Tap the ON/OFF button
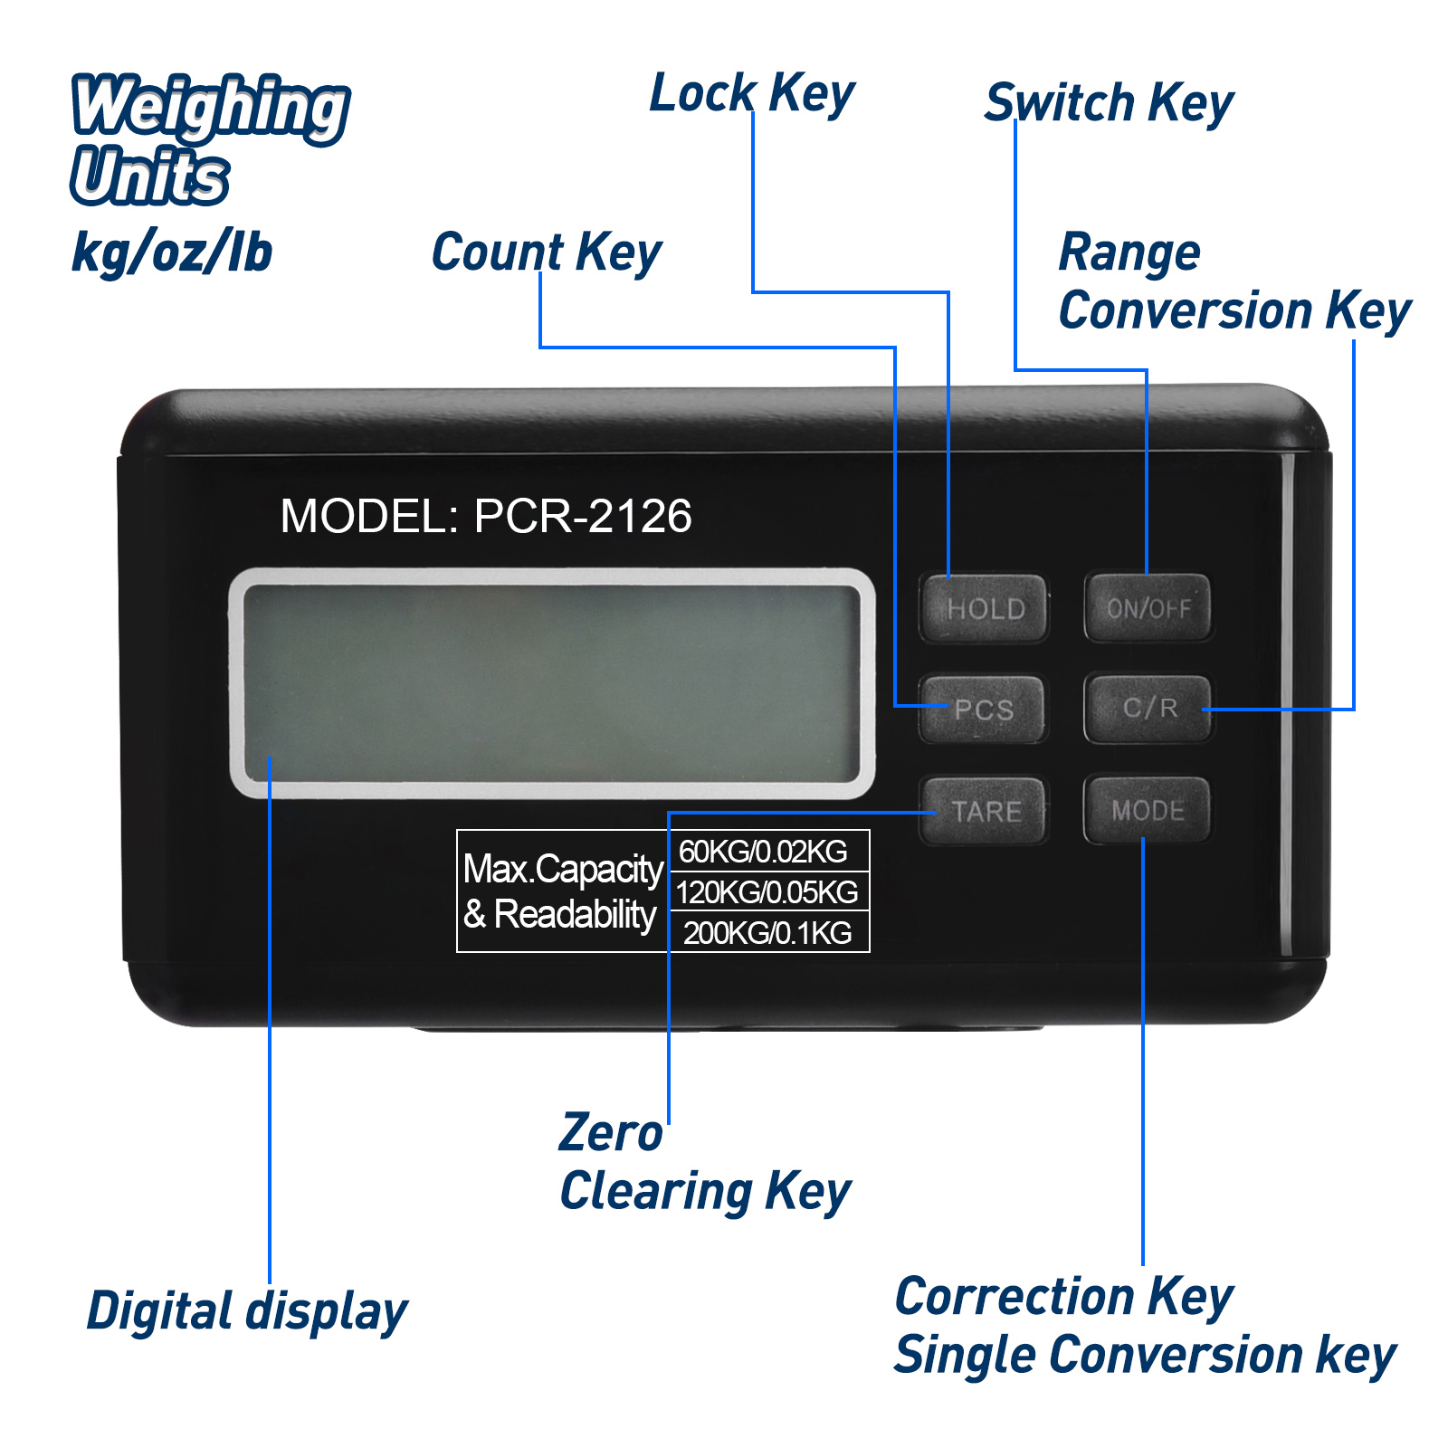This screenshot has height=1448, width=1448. point(1148,608)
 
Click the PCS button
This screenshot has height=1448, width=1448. point(983,710)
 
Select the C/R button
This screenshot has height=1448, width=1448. point(1148,709)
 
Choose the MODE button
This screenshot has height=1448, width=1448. point(1148,810)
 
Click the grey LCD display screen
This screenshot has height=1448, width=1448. point(552,683)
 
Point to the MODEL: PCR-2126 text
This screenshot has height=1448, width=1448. point(486,516)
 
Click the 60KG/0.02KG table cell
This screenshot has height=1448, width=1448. point(768,851)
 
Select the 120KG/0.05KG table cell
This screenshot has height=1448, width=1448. point(768,891)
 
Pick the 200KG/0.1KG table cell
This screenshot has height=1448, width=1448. point(768,931)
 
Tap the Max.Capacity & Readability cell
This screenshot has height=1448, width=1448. point(563,891)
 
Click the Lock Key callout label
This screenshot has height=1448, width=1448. point(752,93)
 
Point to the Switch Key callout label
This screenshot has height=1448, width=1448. point(1110,102)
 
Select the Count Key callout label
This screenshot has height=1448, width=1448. point(547,252)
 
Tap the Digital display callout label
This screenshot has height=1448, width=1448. point(247,1311)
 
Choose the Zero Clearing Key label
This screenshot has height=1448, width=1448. point(705,1162)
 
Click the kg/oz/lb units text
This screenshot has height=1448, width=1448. point(172,252)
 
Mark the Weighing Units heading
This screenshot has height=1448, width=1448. point(210,139)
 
